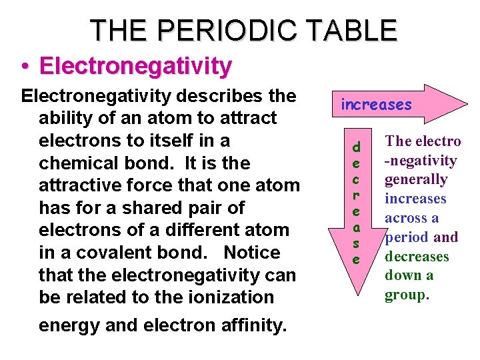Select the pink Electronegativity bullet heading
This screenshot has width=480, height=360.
click(x=135, y=66)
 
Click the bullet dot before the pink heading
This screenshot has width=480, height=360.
click(x=24, y=67)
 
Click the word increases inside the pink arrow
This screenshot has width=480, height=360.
click(x=376, y=105)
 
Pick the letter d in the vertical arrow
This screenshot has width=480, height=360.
click(x=356, y=146)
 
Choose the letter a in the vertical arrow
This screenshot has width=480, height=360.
click(x=356, y=228)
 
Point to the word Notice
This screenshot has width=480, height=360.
click(x=252, y=253)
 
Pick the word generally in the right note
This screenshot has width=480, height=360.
click(x=417, y=179)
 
